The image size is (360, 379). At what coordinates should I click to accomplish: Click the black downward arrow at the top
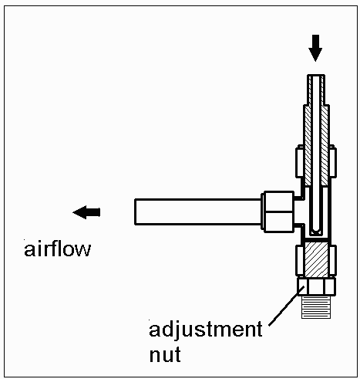314,50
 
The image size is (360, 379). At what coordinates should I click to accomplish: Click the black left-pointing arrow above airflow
86,211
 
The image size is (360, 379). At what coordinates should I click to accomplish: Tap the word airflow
57,249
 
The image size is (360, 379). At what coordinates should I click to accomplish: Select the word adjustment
206,331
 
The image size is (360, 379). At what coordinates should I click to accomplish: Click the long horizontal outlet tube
197,211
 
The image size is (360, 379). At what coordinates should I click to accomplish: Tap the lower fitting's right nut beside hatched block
331,260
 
